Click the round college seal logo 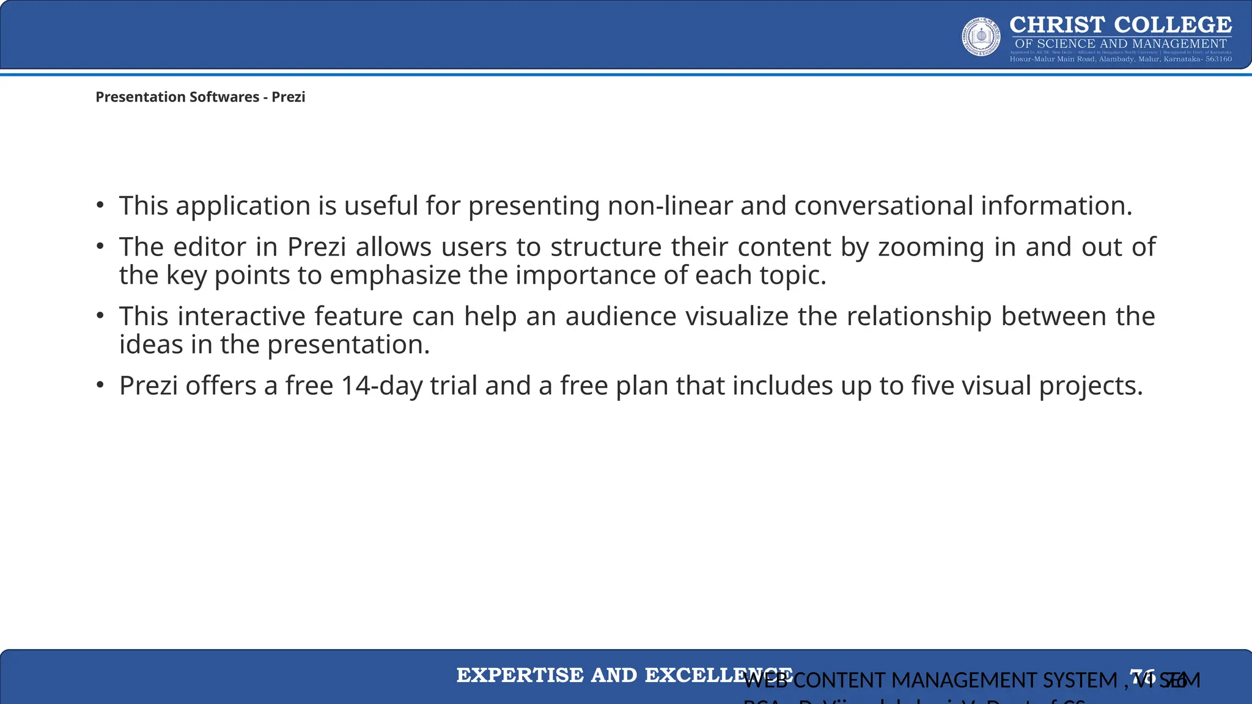981,37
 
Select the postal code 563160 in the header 1218,59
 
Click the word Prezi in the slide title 288,97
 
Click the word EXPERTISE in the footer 519,675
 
